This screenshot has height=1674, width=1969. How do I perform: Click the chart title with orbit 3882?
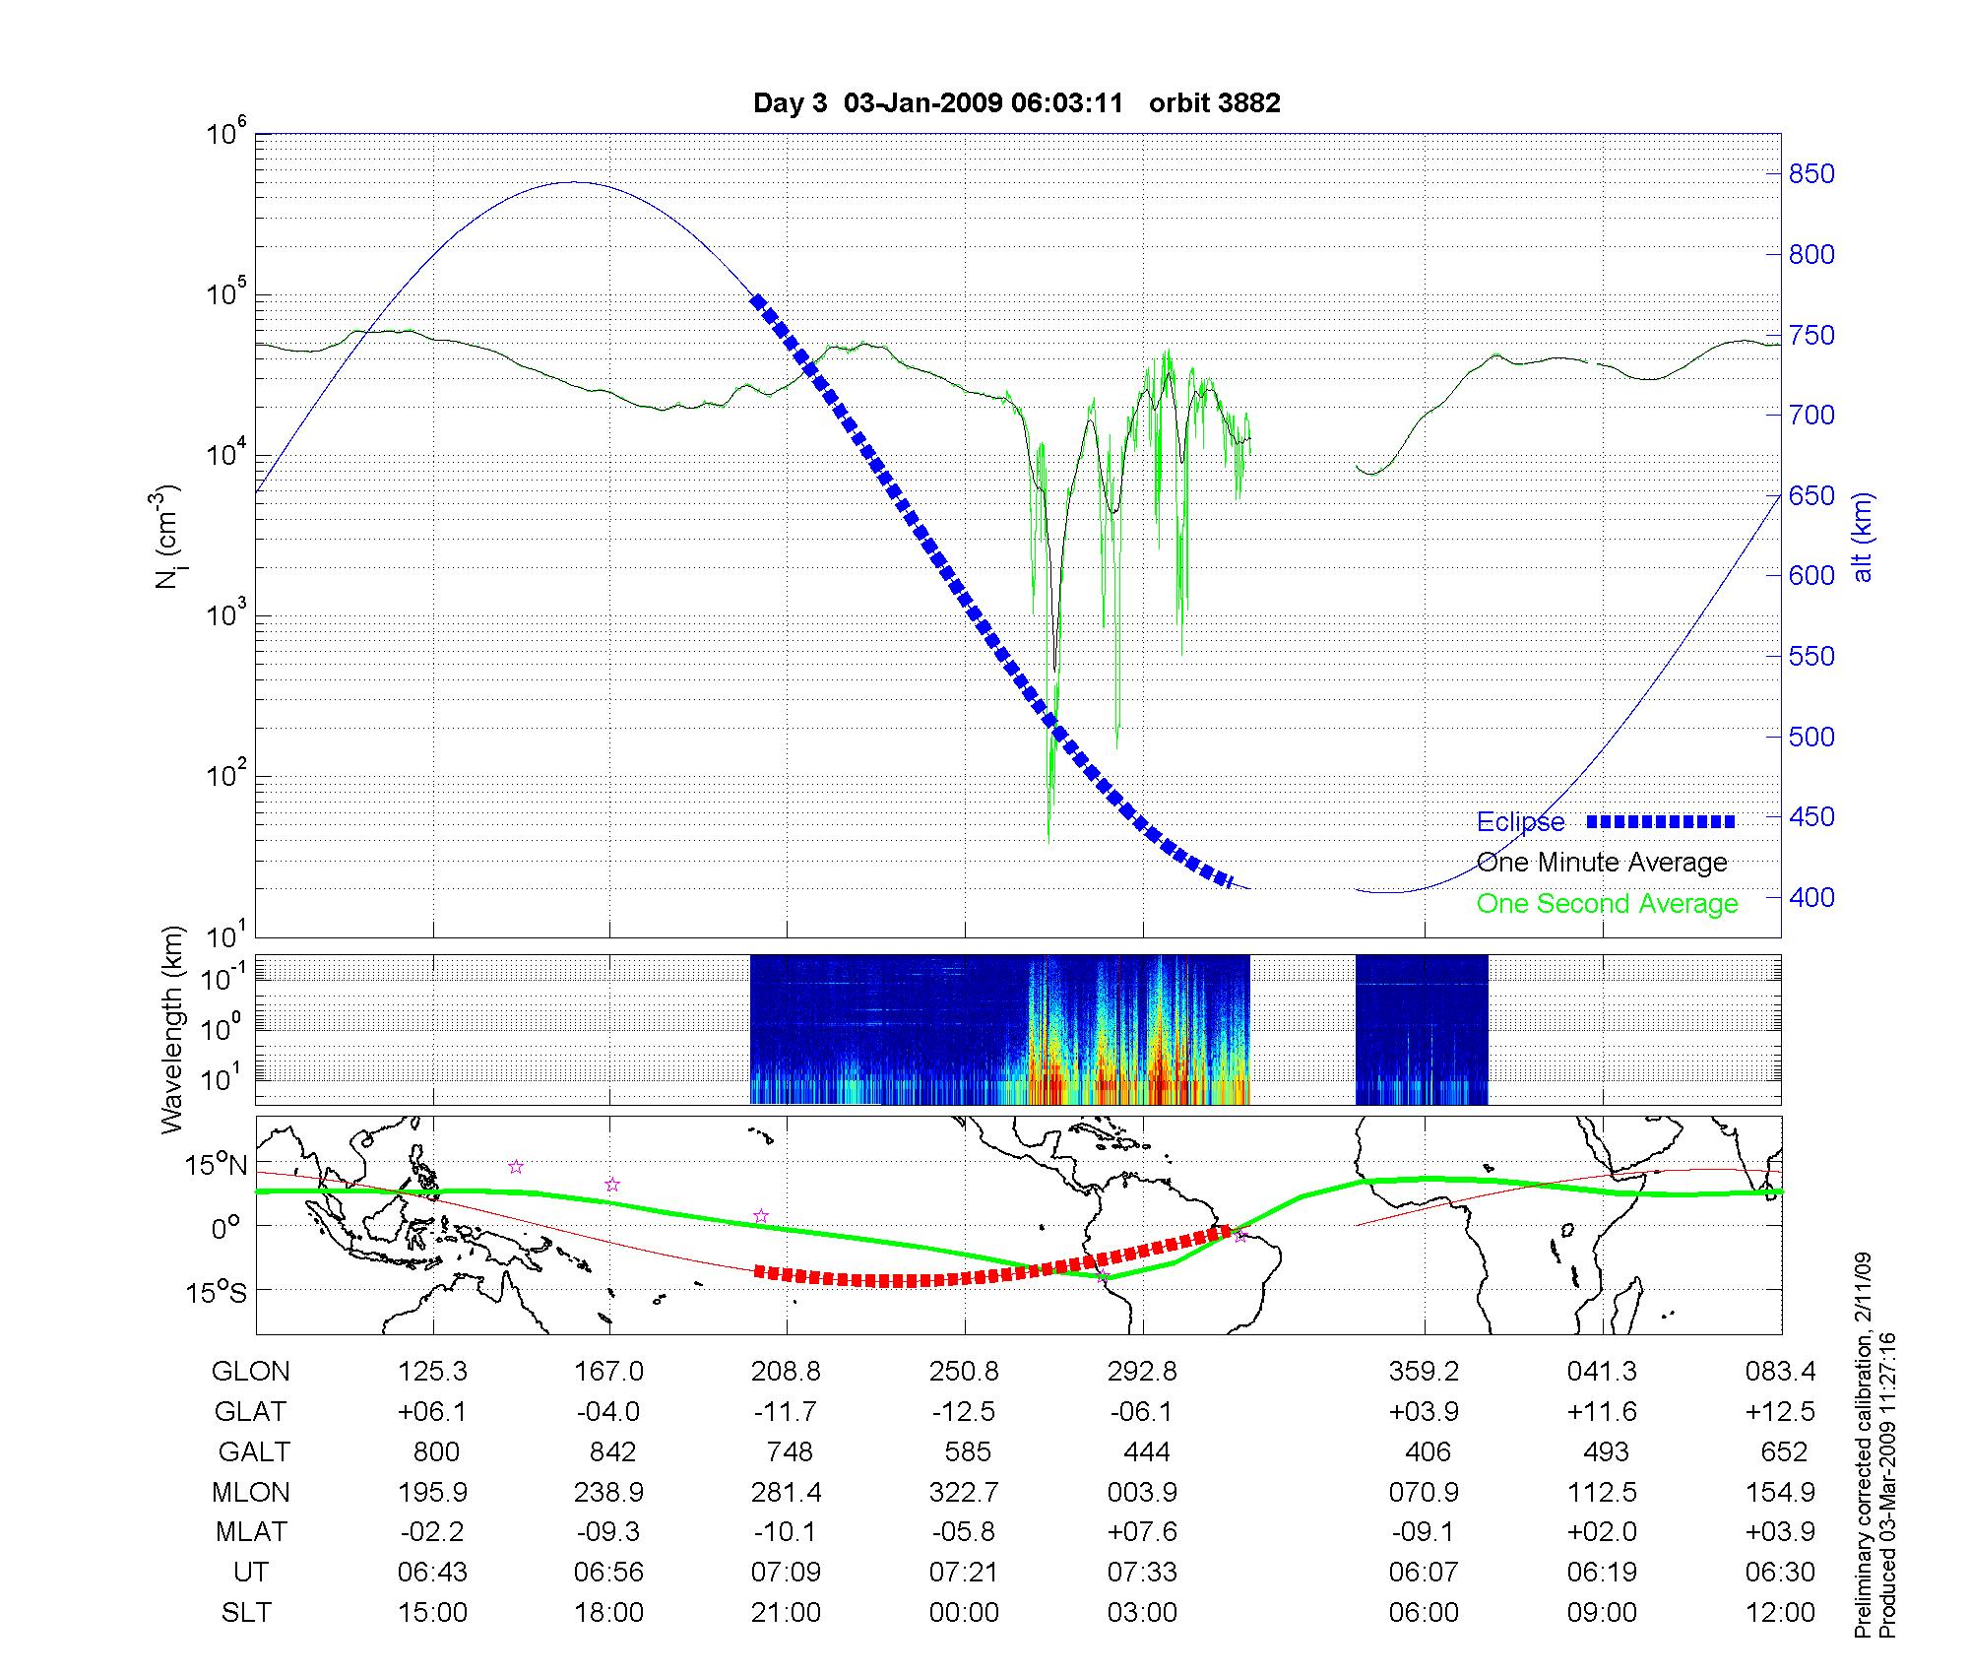1016,103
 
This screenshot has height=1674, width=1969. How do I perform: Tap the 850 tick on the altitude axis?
1811,174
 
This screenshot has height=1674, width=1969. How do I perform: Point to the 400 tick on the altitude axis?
1811,897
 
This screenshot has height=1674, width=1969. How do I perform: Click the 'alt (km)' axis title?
1863,537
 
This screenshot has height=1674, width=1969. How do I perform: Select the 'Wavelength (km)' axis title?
173,1029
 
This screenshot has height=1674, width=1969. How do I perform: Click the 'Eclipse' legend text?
1520,822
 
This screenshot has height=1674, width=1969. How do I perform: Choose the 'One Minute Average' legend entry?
1602,863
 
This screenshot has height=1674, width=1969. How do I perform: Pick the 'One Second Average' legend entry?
1607,904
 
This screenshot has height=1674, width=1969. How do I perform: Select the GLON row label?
251,1371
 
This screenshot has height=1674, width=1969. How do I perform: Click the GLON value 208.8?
786,1371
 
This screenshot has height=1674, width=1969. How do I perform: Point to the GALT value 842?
610,1451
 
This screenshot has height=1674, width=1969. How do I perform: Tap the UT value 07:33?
1142,1572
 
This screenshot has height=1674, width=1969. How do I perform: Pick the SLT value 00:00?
964,1612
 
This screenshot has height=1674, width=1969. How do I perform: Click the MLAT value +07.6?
1142,1532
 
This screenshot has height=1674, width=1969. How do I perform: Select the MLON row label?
251,1492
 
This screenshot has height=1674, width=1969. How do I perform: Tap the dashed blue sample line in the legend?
1661,821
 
